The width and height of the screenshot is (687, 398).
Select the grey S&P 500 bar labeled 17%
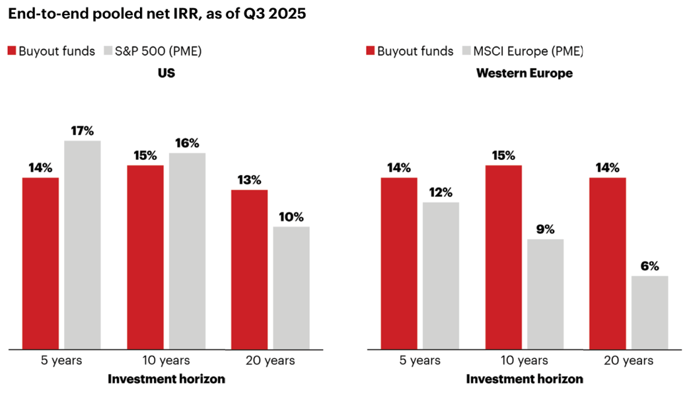pyautogui.click(x=83, y=244)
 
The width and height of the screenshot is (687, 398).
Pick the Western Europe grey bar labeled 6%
pyautogui.click(x=649, y=311)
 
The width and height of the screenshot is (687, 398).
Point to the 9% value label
pyautogui.click(x=546, y=229)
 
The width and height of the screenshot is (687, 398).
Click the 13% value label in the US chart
pyautogui.click(x=250, y=180)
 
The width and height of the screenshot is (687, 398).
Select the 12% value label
pyautogui.click(x=441, y=192)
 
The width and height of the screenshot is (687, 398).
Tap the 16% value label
pyautogui.click(x=187, y=143)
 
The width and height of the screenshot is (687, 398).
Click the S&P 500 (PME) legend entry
pyautogui.click(x=159, y=51)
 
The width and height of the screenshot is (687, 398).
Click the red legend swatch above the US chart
pyautogui.click(x=11, y=51)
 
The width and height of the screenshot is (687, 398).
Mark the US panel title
pyautogui.click(x=166, y=73)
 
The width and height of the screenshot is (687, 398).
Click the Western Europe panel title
pyautogui.click(x=524, y=73)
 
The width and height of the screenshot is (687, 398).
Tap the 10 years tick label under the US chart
pyautogui.click(x=166, y=360)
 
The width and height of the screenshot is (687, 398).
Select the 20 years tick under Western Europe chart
pyautogui.click(x=629, y=360)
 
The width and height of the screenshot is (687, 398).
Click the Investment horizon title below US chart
pyautogui.click(x=166, y=379)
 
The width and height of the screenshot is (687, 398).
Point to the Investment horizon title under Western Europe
pyautogui.click(x=524, y=379)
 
